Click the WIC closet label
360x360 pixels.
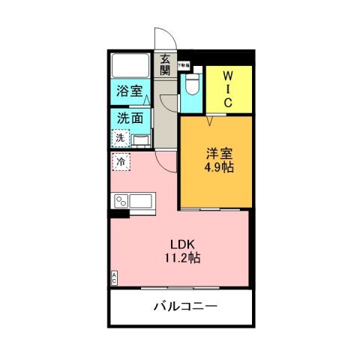(229, 88)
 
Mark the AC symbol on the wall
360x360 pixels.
(115, 276)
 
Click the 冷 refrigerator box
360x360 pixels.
(120, 160)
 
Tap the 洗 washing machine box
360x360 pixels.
(120, 138)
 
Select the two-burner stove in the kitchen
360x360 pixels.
(120, 201)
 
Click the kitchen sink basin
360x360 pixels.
(141, 200)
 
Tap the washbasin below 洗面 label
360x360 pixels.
(141, 139)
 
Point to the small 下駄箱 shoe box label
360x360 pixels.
(184, 66)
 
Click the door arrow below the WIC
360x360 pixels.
(211, 120)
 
